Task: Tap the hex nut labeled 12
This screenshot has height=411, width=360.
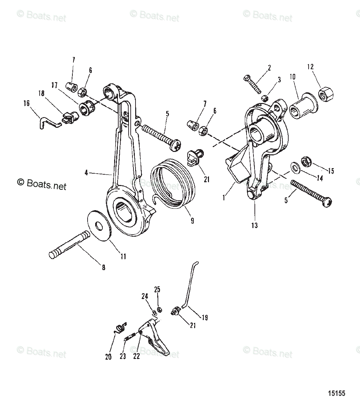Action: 325,93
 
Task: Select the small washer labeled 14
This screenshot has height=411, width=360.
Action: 295,167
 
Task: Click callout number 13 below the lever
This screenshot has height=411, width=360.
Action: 254,225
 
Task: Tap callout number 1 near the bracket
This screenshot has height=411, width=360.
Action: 224,198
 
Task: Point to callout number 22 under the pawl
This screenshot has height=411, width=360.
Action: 137,356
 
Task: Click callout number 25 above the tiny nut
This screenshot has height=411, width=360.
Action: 157,289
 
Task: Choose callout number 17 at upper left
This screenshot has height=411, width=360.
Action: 54,85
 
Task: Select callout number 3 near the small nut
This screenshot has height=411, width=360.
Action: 279,80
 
